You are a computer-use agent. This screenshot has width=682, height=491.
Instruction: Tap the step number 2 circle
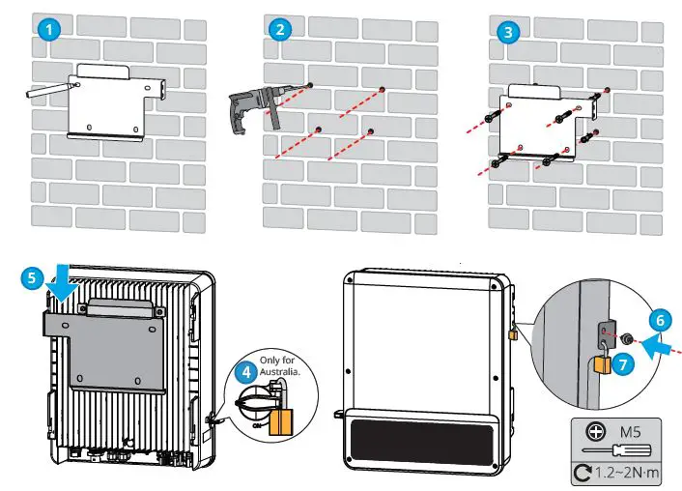click(280, 29)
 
